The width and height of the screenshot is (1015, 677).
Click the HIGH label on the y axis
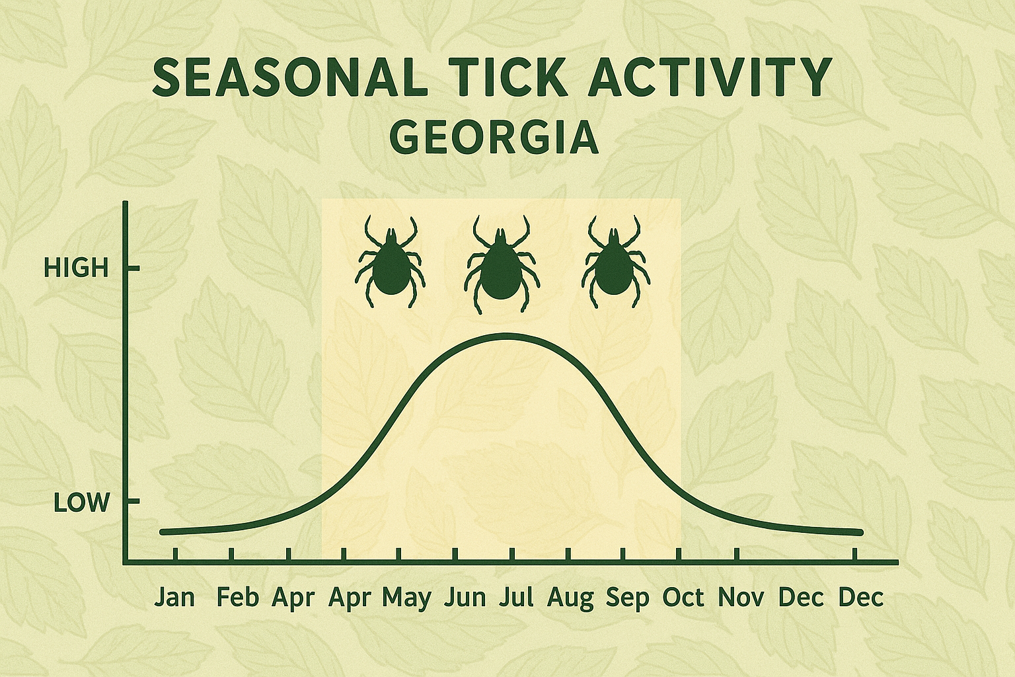(x=75, y=268)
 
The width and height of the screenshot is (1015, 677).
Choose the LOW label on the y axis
(x=81, y=503)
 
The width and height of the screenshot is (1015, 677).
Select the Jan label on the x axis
(x=175, y=598)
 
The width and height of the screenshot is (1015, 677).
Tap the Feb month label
(x=237, y=598)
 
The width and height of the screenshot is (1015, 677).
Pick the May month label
(x=407, y=598)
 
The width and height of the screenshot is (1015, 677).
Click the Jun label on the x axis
(x=465, y=598)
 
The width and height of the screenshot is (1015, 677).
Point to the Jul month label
(x=516, y=598)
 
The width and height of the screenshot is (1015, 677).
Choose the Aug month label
(x=570, y=598)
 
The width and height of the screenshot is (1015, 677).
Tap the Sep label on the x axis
(x=628, y=598)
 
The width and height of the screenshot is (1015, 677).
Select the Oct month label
(x=684, y=598)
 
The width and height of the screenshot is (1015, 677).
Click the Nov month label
(x=741, y=598)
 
